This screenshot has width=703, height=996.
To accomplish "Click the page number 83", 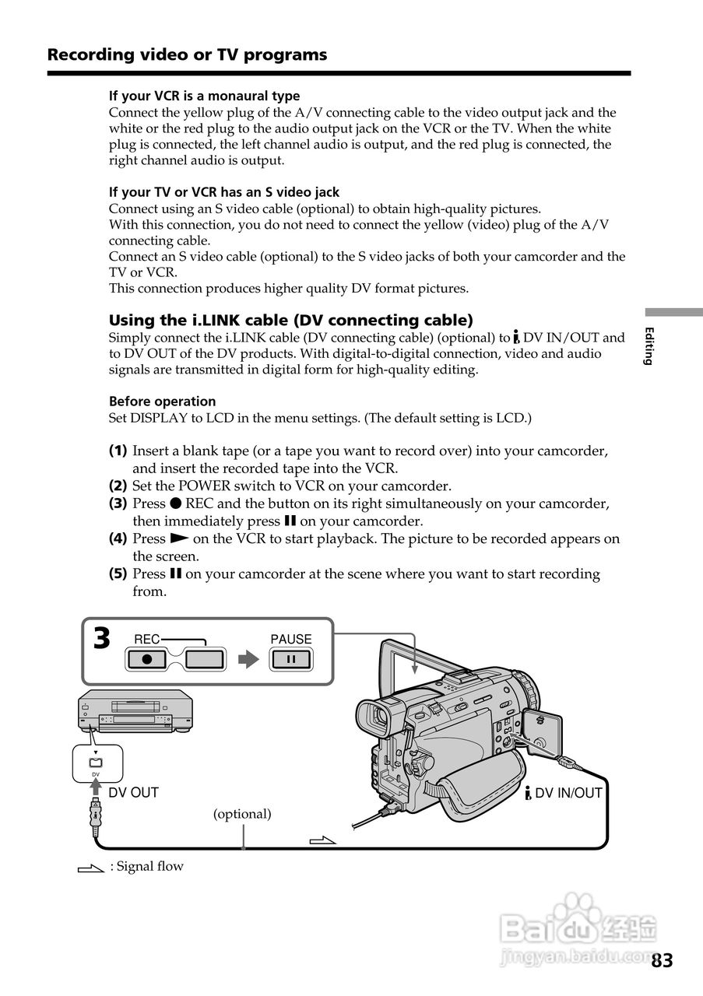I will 662,960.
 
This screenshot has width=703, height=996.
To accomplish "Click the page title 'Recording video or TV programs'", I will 187,54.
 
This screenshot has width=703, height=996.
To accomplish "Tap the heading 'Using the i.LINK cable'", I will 290,320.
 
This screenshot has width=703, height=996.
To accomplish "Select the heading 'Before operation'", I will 162,402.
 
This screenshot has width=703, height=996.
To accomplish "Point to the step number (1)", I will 118,451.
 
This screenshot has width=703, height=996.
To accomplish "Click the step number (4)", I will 118,538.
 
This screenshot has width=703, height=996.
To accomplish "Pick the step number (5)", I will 118,574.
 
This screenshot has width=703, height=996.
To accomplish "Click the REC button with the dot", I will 148,660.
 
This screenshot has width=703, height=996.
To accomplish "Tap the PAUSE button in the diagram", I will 290,660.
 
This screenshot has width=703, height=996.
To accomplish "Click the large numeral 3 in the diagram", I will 102,640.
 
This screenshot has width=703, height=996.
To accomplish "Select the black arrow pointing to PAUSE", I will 248,660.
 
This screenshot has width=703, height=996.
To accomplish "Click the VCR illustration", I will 135,710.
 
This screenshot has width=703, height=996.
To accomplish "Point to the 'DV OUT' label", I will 133,793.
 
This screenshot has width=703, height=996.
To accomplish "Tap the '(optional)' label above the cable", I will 242,814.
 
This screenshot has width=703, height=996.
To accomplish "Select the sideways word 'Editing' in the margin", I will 649,346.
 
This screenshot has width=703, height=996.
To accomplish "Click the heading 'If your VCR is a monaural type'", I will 204,96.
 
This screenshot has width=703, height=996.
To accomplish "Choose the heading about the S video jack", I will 223,191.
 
